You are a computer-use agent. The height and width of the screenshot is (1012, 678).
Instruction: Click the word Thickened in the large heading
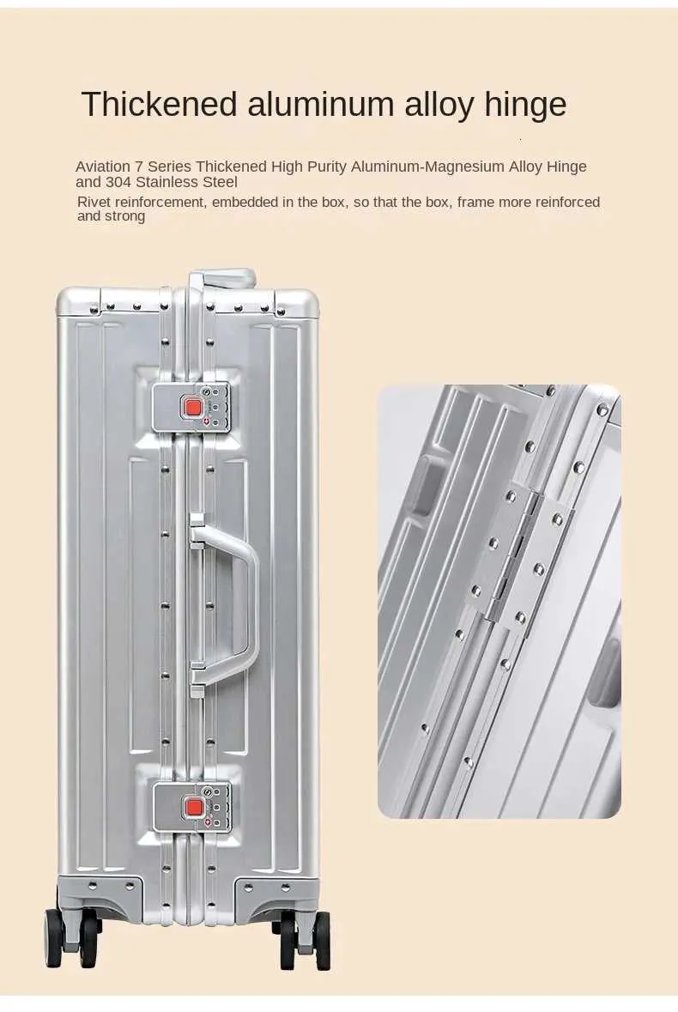160,104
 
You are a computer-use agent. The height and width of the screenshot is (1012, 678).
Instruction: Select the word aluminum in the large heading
321,104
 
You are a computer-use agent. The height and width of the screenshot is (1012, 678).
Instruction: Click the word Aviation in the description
103,167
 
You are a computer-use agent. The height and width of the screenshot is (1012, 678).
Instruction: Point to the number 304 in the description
118,182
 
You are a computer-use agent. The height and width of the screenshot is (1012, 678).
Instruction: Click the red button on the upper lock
191,407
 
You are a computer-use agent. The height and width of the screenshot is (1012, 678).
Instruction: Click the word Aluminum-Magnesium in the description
427,167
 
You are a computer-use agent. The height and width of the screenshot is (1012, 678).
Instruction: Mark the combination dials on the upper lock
218,407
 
